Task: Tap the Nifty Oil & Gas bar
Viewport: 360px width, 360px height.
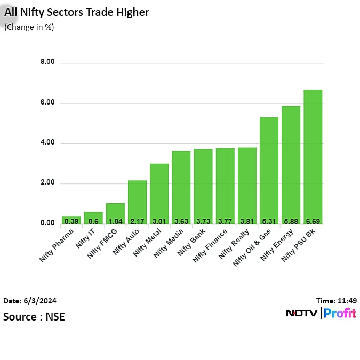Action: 269,171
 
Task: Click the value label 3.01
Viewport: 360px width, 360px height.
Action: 159,220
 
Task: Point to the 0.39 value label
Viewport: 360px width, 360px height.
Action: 71,220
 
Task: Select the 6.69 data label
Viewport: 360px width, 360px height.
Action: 313,220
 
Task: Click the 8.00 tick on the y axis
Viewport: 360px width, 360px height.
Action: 47,62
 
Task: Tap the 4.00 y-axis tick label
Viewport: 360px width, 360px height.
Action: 47,142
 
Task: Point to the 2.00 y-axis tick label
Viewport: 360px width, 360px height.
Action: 47,182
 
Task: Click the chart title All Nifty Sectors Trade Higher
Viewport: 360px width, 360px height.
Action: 77,12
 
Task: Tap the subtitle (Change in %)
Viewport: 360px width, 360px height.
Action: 29,27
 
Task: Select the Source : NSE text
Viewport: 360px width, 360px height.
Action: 34,316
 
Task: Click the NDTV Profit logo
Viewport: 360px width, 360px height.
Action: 321,313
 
